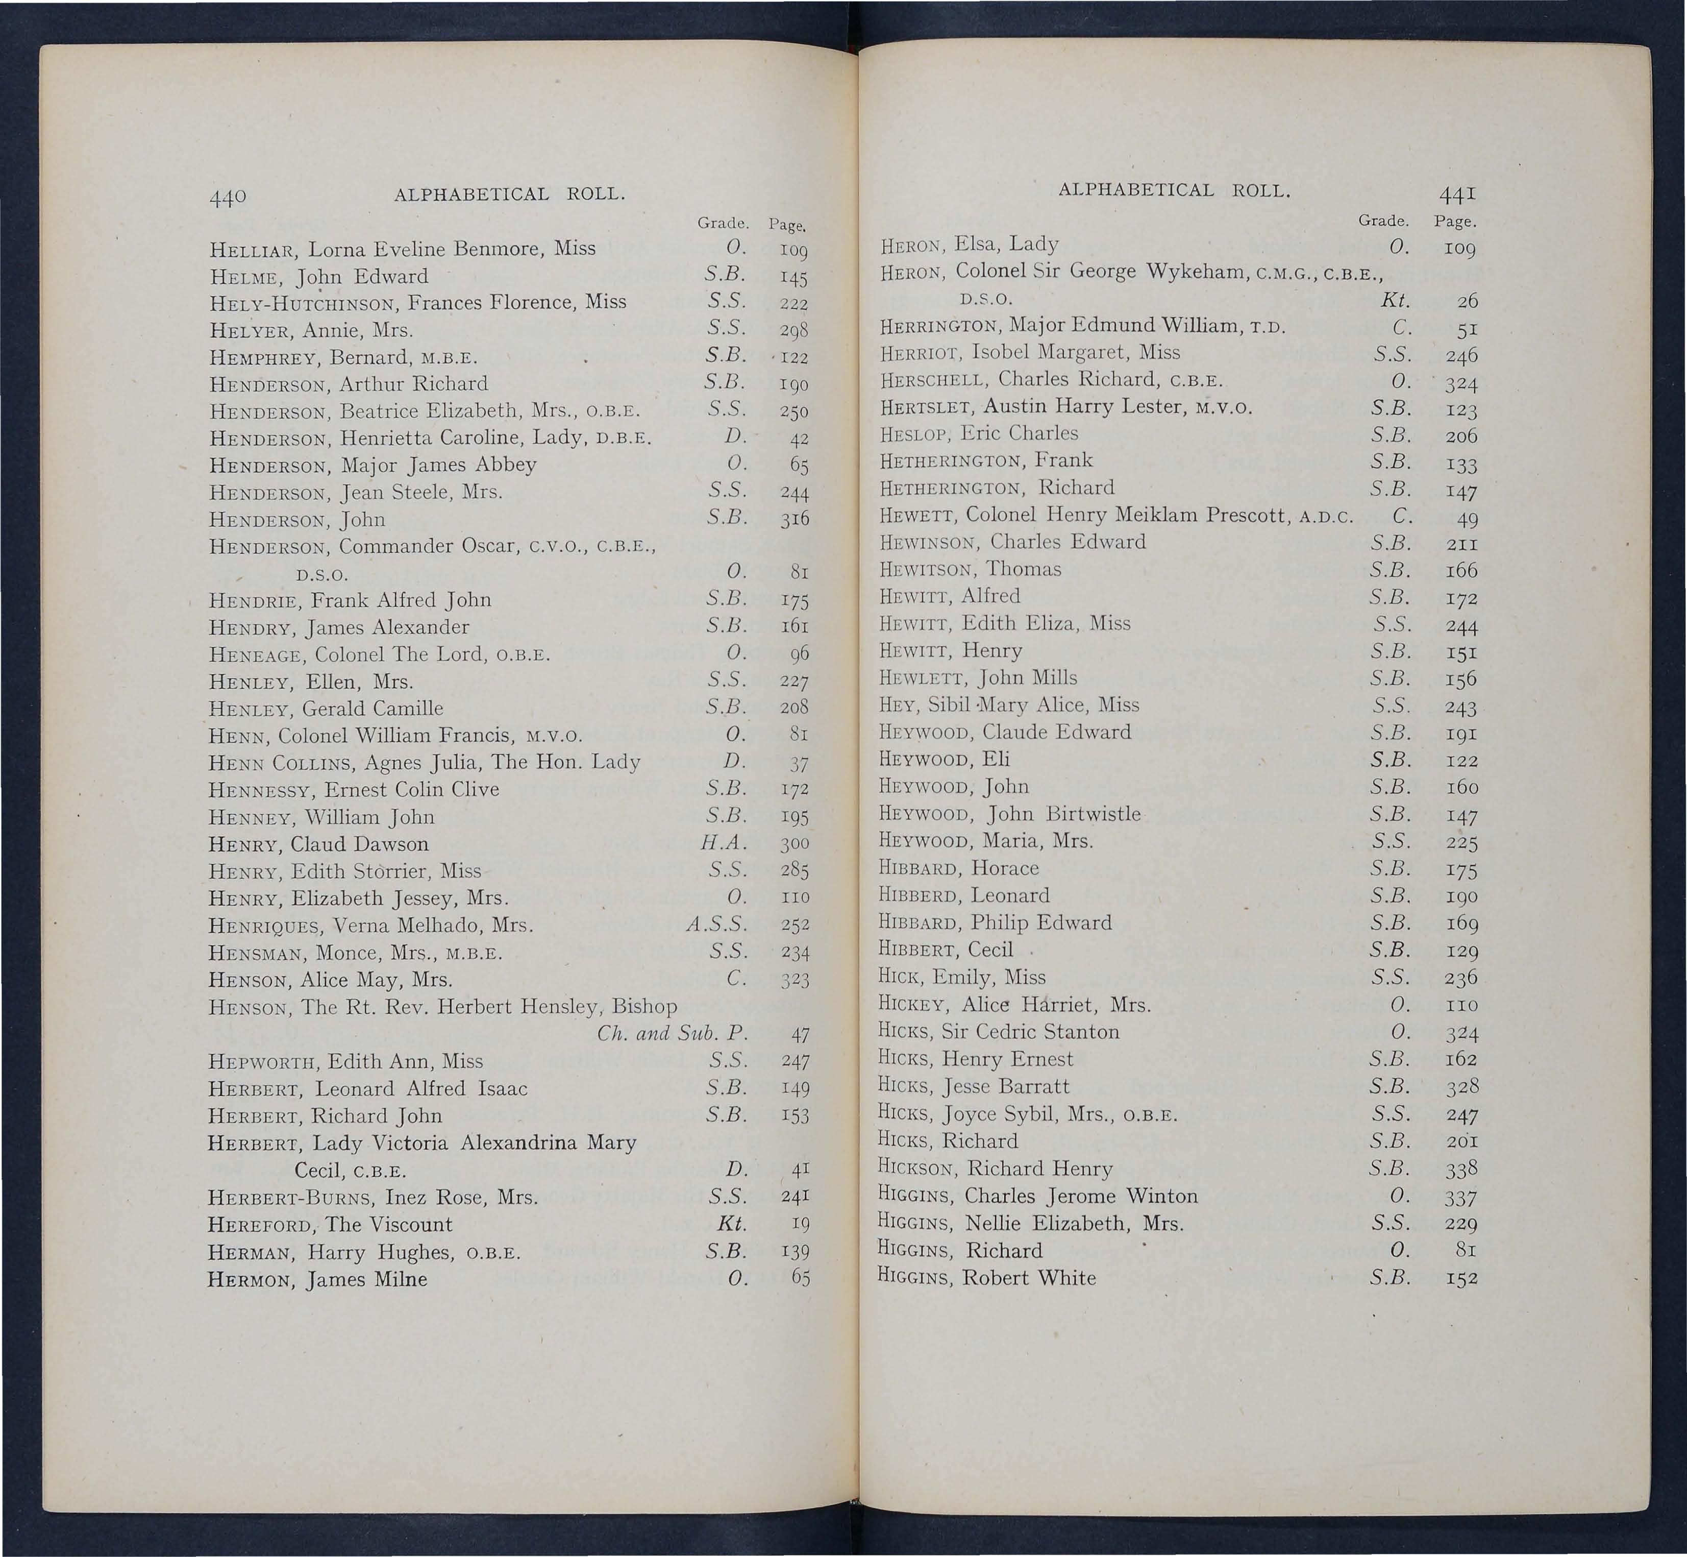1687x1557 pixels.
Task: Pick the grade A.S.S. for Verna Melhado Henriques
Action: [x=717, y=925]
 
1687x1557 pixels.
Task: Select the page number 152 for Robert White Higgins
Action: [x=1461, y=1278]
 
